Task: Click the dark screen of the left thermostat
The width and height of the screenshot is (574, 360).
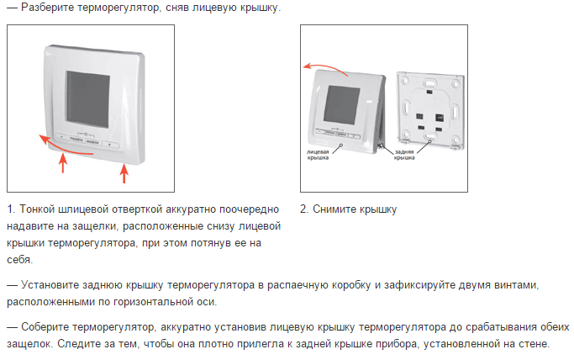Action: pyautogui.click(x=88, y=99)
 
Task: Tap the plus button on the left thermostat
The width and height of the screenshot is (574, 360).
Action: pyautogui.click(x=109, y=145)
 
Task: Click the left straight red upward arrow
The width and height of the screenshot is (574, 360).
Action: pyautogui.click(x=63, y=163)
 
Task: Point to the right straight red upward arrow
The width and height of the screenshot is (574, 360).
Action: pyautogui.click(x=124, y=173)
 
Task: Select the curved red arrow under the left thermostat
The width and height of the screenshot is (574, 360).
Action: pyautogui.click(x=62, y=147)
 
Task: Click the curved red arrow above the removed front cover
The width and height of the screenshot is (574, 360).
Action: pyautogui.click(x=325, y=67)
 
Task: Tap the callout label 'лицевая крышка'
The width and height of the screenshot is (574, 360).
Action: pyautogui.click(x=318, y=155)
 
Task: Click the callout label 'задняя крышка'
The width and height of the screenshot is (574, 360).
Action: pyautogui.click(x=404, y=155)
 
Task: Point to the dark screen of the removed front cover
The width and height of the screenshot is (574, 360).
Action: pyautogui.click(x=341, y=105)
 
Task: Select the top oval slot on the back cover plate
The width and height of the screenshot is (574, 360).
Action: pyautogui.click(x=429, y=82)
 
